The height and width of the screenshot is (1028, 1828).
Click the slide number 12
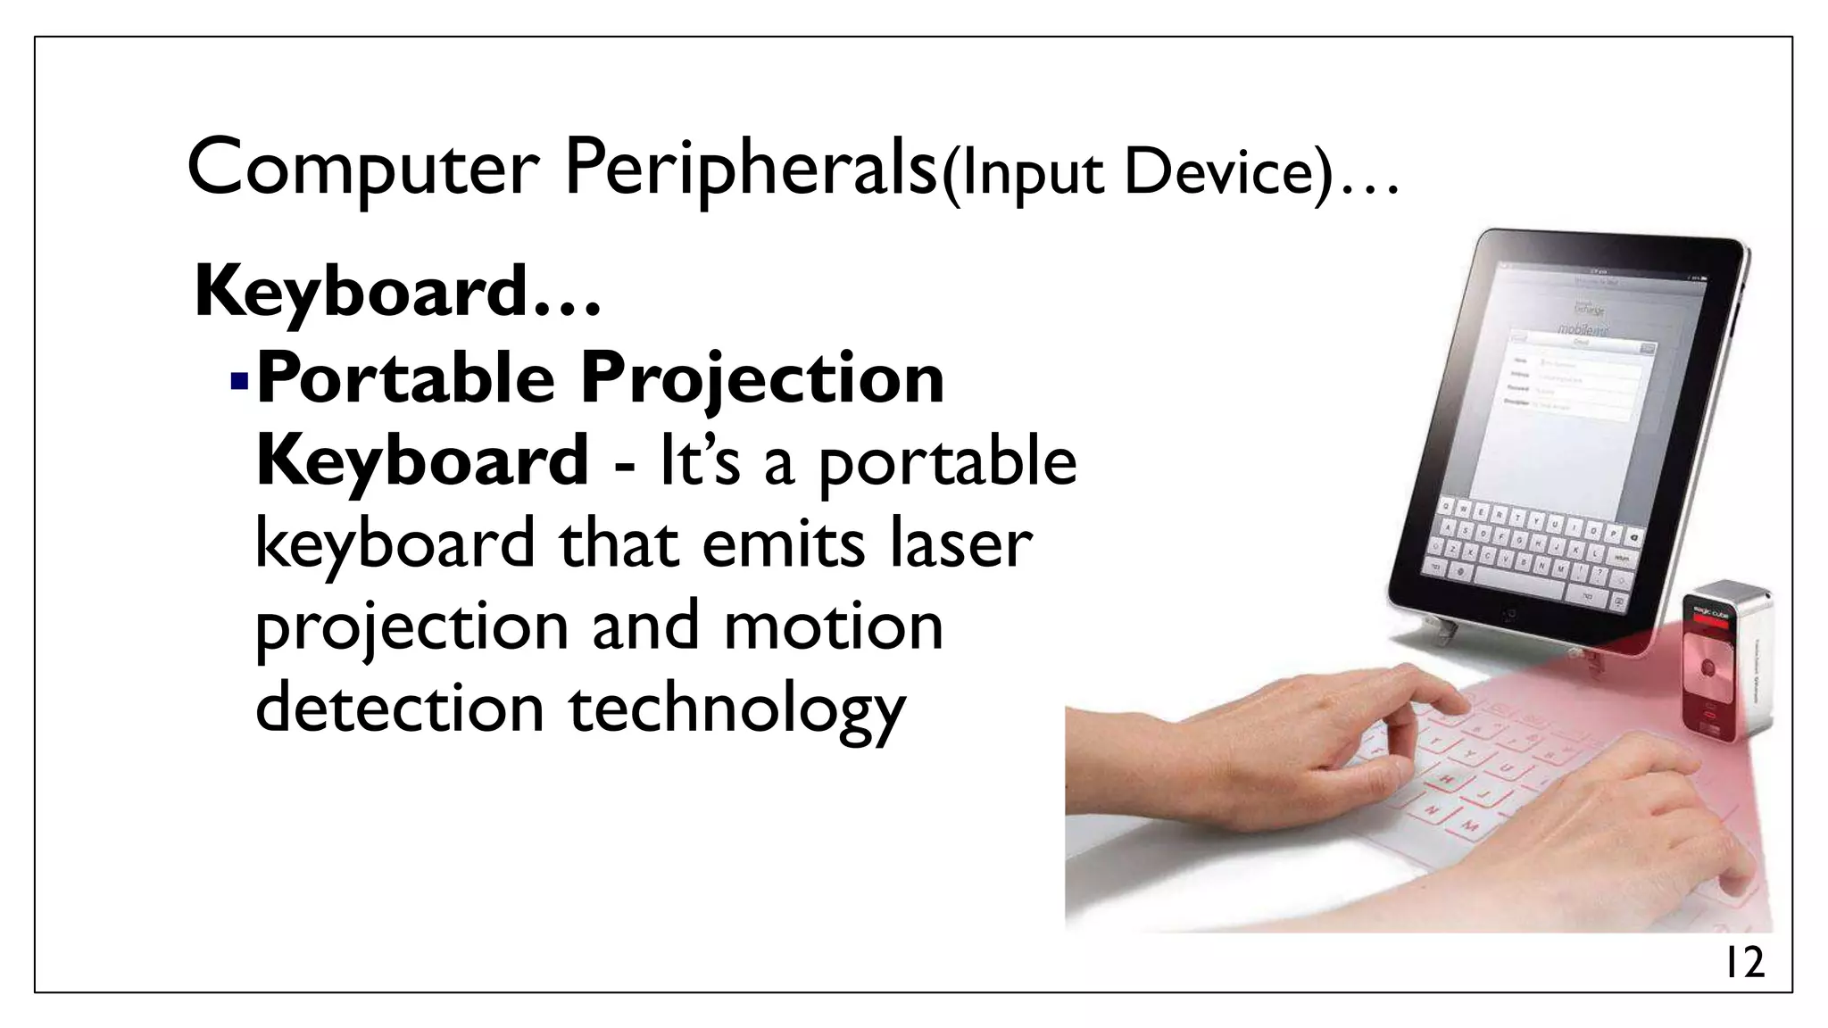click(1742, 963)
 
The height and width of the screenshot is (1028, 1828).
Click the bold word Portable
click(405, 378)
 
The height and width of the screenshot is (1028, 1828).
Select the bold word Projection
click(762, 380)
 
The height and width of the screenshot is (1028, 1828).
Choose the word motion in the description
click(833, 626)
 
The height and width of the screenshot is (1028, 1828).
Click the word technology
click(736, 709)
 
